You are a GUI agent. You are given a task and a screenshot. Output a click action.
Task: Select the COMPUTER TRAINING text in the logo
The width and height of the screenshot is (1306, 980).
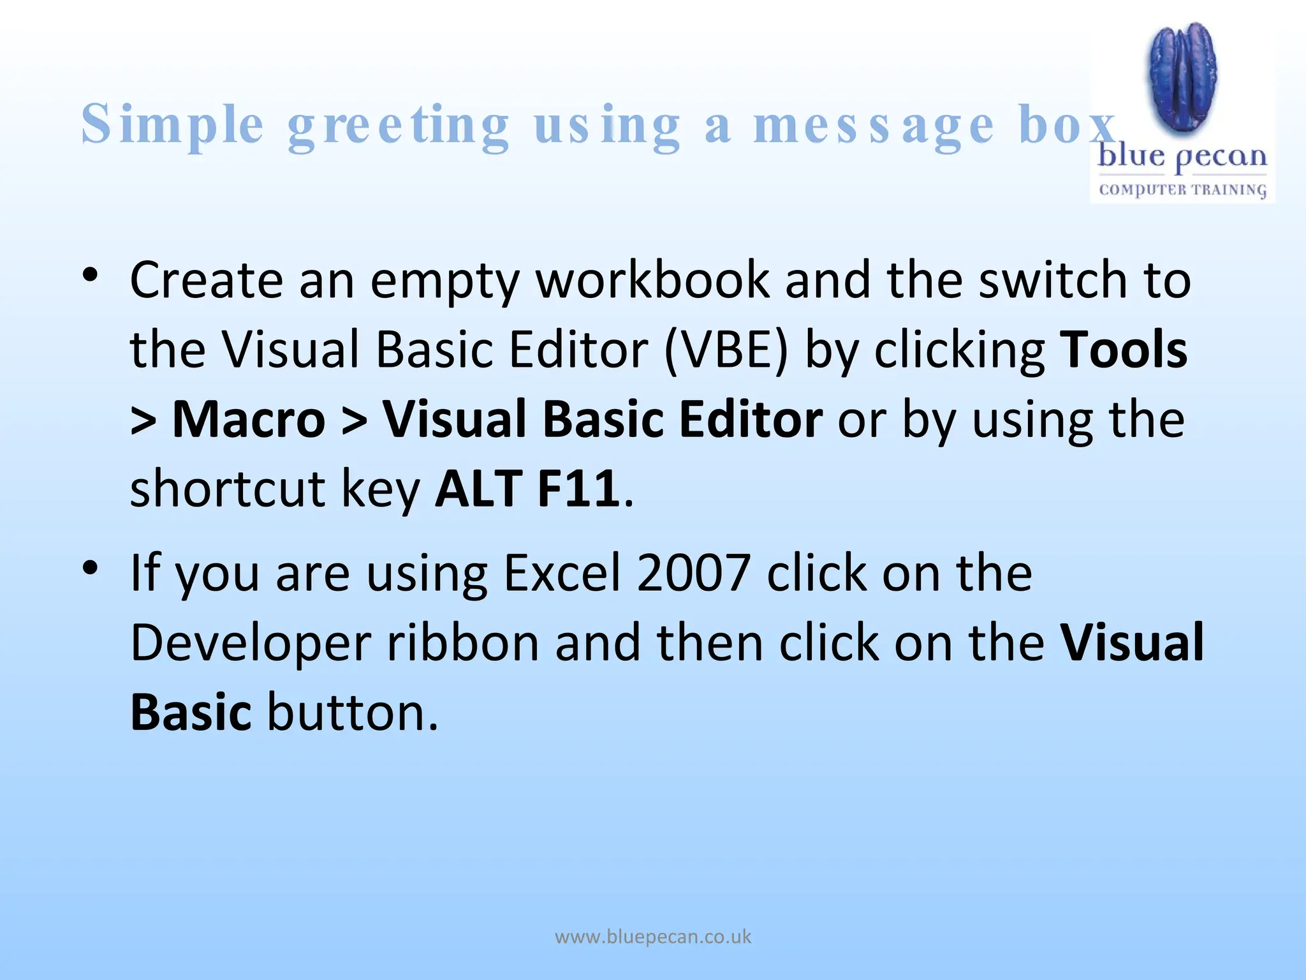(x=1182, y=189)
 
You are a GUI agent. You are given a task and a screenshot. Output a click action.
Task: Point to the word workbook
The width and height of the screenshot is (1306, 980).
(x=652, y=280)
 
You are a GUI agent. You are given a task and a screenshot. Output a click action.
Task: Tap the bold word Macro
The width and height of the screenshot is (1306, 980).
(x=249, y=419)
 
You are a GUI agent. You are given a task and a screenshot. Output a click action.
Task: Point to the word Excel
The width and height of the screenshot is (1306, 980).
(x=562, y=572)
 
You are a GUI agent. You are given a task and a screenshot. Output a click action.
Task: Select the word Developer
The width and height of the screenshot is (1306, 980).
(x=251, y=643)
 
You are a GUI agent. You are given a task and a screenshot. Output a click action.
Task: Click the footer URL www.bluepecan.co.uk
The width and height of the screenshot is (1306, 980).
(x=653, y=937)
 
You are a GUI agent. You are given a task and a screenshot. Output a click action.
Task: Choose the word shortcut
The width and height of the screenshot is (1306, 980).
(x=228, y=489)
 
